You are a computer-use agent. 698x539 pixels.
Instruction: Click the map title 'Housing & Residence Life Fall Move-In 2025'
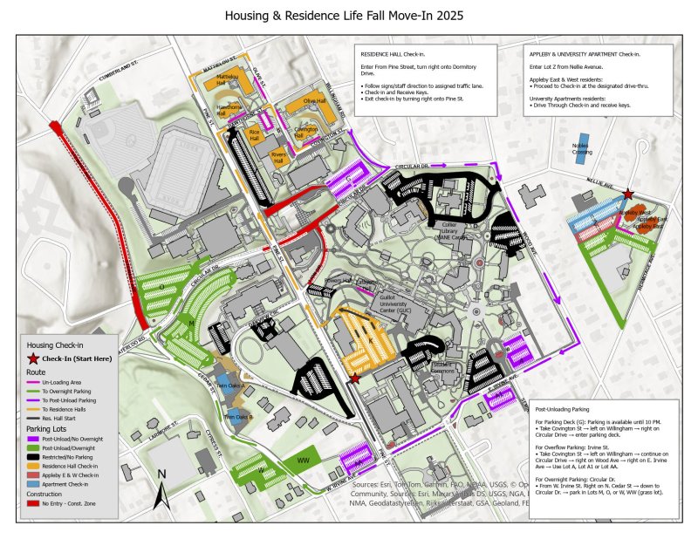(344, 16)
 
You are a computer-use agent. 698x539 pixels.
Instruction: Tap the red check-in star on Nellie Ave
(628, 194)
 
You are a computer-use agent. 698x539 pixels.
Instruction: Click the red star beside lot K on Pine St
(354, 378)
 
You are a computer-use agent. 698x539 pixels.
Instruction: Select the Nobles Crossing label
(582, 149)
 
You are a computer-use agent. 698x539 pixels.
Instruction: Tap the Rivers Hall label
(279, 156)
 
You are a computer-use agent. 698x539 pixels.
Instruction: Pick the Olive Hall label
(314, 101)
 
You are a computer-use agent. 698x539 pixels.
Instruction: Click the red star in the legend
(34, 359)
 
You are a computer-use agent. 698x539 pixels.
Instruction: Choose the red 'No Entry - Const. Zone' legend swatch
(33, 503)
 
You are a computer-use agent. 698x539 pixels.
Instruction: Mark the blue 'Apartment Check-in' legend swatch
(33, 482)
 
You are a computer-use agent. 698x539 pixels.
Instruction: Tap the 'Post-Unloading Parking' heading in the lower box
(564, 408)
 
